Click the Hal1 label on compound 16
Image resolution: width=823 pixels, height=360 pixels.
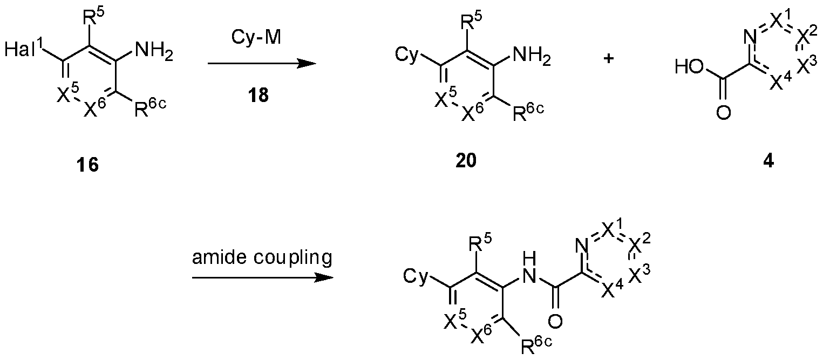[x=24, y=49]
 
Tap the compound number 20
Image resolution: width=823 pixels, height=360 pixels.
[x=466, y=160]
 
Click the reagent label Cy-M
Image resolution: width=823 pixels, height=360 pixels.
[x=256, y=37]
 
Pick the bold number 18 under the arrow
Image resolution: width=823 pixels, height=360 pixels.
[x=259, y=95]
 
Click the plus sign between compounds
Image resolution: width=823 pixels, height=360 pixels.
[x=609, y=59]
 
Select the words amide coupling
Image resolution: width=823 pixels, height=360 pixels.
[x=262, y=257]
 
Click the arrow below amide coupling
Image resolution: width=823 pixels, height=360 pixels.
[x=263, y=277]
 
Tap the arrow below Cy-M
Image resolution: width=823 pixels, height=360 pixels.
[x=262, y=64]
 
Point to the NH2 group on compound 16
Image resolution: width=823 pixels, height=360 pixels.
[x=154, y=51]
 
